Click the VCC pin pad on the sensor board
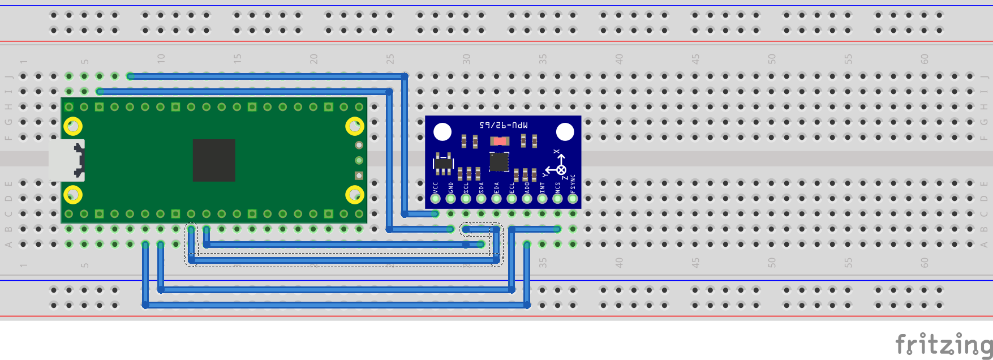tap(435, 199)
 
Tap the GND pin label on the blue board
tap(450, 187)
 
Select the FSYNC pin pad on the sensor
tap(573, 199)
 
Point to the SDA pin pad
tap(481, 199)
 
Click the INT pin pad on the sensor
tap(542, 199)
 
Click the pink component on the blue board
tap(499, 140)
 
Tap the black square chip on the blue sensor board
tap(498, 162)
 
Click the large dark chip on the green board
tap(214, 160)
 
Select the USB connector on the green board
tap(67, 160)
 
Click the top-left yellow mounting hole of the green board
tap(73, 126)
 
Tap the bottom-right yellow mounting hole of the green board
tap(355, 195)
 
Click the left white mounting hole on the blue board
tap(442, 132)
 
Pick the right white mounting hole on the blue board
tap(565, 132)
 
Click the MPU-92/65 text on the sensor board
tap(503, 125)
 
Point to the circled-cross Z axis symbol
tap(561, 170)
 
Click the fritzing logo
tap(943, 344)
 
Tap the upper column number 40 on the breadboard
tap(619, 59)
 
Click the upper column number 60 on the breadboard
tap(925, 59)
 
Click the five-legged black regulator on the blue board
tap(443, 163)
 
